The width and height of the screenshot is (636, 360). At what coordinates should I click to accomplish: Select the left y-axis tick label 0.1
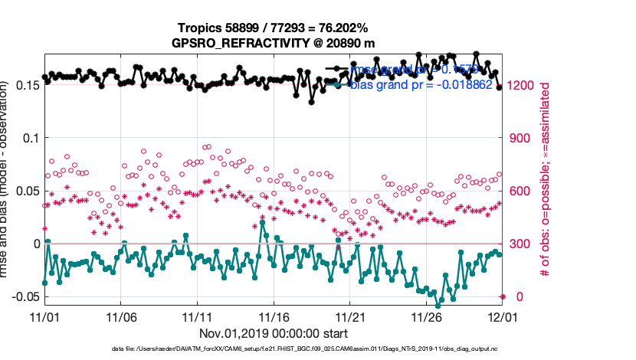pyautogui.click(x=29, y=138)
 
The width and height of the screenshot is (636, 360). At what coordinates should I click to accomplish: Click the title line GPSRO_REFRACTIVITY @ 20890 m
pyautogui.click(x=274, y=43)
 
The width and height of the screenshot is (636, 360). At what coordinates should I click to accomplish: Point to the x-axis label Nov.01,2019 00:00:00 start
pyautogui.click(x=274, y=333)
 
